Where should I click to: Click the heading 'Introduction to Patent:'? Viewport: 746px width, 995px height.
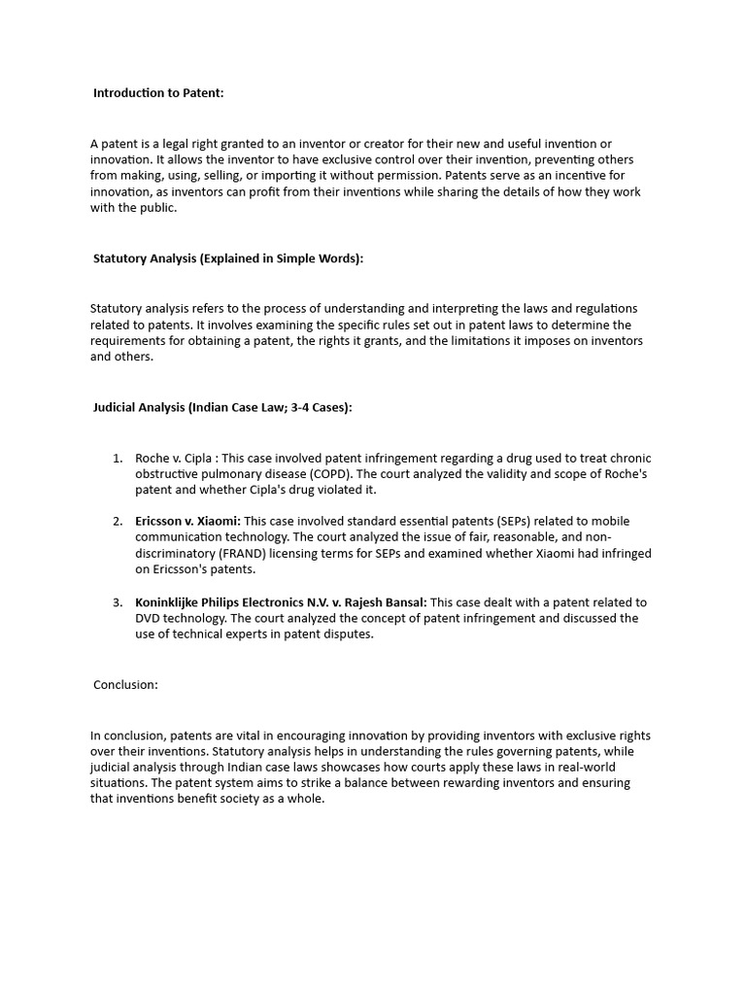(158, 93)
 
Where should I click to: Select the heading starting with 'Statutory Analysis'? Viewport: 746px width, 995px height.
(228, 258)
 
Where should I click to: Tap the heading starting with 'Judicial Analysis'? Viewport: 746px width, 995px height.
(222, 407)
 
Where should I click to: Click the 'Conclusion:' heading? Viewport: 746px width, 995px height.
(125, 684)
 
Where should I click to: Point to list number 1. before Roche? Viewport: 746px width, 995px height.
(118, 458)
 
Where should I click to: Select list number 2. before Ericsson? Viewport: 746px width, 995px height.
(118, 522)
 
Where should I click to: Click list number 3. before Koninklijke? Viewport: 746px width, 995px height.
(118, 602)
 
